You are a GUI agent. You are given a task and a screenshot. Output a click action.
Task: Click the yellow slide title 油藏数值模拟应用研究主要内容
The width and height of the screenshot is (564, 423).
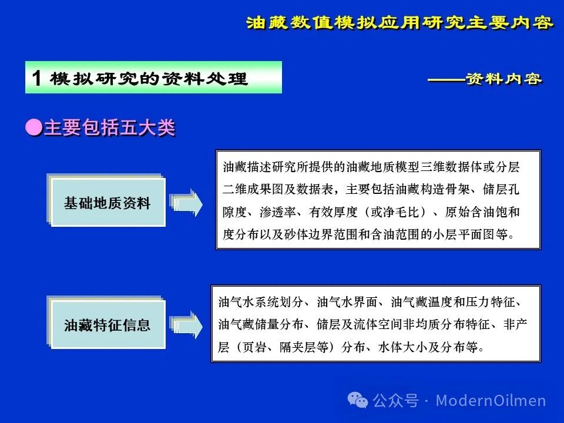coord(399,23)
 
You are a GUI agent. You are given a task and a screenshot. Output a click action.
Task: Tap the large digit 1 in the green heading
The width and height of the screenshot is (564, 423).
coord(36,78)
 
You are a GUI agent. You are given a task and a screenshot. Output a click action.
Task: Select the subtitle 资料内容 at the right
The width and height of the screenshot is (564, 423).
coord(503,79)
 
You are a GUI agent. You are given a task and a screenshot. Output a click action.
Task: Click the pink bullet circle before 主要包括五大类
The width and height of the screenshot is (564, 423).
coord(34,127)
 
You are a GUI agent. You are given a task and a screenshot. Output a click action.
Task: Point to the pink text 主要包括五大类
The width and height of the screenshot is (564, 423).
coord(110,127)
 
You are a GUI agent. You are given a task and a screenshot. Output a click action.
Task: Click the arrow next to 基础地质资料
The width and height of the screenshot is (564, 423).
coord(186,203)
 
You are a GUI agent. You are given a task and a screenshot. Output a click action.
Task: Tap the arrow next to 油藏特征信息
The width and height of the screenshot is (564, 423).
coord(186,325)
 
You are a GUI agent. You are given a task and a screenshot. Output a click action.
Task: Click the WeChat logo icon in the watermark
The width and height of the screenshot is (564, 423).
coord(358,400)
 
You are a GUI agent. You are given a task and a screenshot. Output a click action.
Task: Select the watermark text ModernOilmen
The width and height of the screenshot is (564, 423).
coord(491,400)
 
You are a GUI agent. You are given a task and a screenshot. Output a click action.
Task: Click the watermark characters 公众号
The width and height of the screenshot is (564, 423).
coord(395,400)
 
